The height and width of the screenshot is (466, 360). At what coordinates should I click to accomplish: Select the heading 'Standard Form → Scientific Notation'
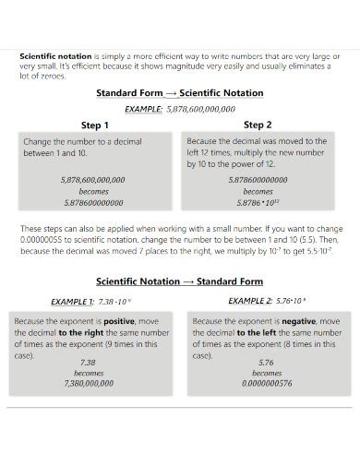tap(180, 93)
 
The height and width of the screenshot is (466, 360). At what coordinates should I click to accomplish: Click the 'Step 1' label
tap(95, 125)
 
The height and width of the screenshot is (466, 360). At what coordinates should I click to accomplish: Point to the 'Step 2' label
tap(258, 124)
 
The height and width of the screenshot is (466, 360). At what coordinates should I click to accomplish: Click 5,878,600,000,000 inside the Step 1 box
tap(93, 180)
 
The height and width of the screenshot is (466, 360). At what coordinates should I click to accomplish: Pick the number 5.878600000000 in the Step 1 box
tap(93, 203)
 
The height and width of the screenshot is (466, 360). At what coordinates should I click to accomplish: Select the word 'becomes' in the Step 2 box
tap(258, 191)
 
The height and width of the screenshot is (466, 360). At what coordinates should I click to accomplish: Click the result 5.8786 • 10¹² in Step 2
tap(258, 203)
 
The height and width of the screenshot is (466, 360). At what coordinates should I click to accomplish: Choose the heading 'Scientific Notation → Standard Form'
tap(180, 281)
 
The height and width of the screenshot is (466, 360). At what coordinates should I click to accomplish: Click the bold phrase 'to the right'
tap(83, 332)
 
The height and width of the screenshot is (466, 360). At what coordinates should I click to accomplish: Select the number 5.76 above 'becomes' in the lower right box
tap(267, 363)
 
